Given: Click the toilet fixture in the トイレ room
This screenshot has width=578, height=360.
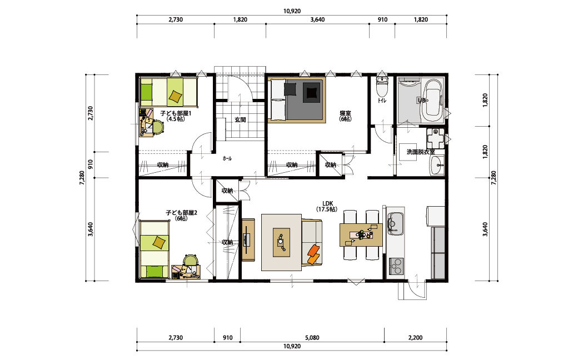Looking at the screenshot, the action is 382,86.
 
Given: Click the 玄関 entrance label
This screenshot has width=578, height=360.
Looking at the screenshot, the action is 240,120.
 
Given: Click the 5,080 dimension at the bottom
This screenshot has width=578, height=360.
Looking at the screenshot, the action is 312,338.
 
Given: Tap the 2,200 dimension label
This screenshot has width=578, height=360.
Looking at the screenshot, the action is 416,338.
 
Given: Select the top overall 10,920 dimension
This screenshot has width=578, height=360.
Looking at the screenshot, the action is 292,11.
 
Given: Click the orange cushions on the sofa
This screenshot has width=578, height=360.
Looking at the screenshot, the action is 313,254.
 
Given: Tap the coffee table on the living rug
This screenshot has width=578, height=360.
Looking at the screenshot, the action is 281,242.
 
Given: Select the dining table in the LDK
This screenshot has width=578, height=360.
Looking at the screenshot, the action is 361,234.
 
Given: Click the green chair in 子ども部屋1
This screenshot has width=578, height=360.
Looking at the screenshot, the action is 158,127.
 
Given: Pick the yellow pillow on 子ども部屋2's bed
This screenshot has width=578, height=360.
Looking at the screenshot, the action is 160,242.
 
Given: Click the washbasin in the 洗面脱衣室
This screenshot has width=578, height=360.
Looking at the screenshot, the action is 437,165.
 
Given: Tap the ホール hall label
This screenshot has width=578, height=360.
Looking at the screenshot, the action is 227,158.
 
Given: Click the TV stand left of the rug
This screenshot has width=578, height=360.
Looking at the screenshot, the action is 248,239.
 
